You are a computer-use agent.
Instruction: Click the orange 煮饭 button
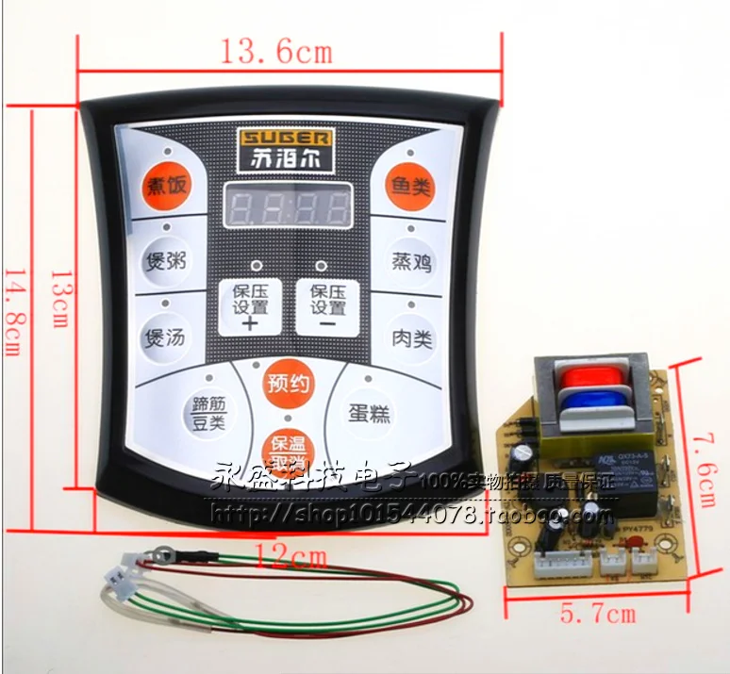click(165, 186)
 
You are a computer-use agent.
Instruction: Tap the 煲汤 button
click(163, 337)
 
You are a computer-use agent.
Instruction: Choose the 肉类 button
click(412, 337)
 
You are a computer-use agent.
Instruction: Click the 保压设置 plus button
click(250, 306)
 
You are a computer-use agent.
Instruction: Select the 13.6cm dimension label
click(276, 52)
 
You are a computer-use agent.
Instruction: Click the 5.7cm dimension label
click(597, 614)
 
